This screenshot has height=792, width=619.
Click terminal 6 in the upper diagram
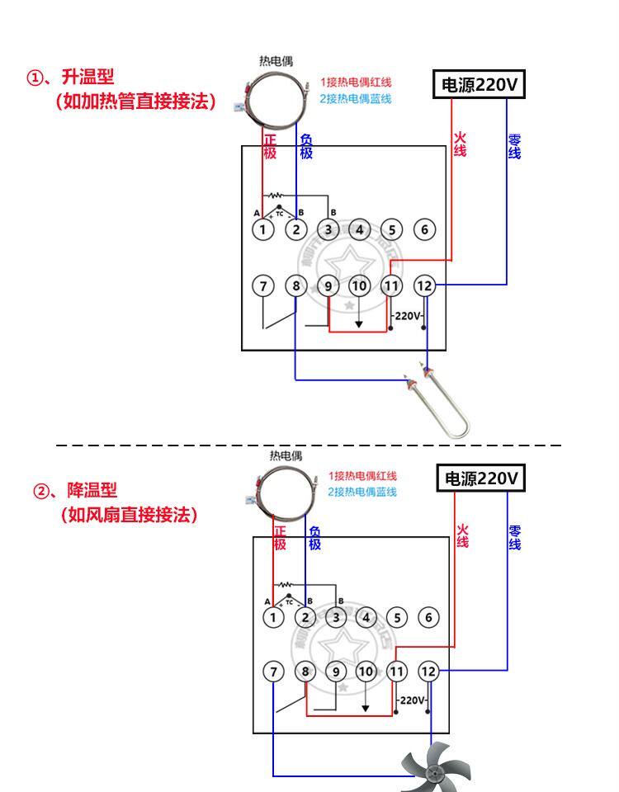[x=424, y=229]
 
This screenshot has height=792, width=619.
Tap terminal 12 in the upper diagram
[x=424, y=285]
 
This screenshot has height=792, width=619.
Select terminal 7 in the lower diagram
[x=273, y=672]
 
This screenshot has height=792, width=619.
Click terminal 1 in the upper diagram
[x=262, y=229]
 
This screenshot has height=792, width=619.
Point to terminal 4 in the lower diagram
[x=366, y=616]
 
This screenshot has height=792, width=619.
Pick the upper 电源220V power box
[x=480, y=85]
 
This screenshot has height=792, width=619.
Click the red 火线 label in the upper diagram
[x=460, y=145]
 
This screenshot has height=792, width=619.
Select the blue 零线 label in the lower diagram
[x=514, y=538]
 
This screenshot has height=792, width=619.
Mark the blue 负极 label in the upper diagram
[x=306, y=147]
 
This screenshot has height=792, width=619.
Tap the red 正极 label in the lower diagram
[x=280, y=539]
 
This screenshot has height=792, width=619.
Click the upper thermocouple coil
[x=272, y=98]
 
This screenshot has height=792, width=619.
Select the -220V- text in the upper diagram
[x=408, y=316]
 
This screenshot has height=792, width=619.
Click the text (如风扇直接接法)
[x=130, y=516]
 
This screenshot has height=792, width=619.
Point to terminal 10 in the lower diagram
[x=366, y=672]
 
